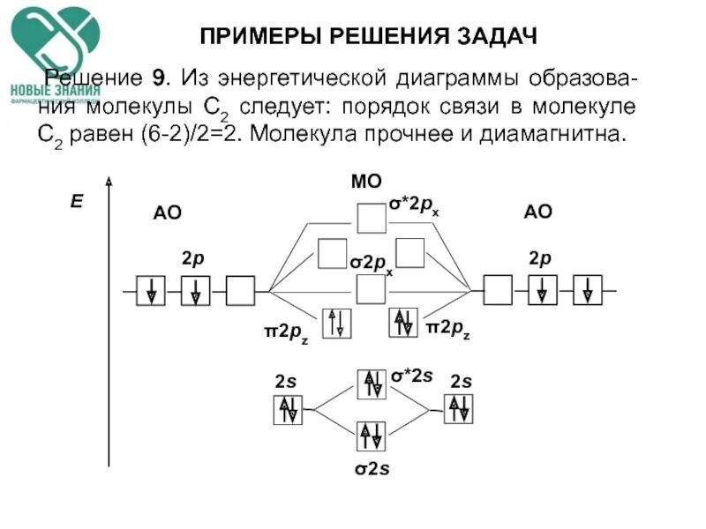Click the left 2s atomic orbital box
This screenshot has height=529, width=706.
click(288, 409)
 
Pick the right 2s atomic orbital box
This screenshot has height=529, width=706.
click(458, 409)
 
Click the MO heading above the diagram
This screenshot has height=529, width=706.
click(366, 182)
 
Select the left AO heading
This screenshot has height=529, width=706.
click(167, 212)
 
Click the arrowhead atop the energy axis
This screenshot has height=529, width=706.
click(109, 182)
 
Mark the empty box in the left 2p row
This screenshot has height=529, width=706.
click(240, 290)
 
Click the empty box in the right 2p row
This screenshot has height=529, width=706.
click(499, 290)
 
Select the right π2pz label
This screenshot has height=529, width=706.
click(447, 329)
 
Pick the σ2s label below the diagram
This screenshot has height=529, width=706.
click(372, 468)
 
